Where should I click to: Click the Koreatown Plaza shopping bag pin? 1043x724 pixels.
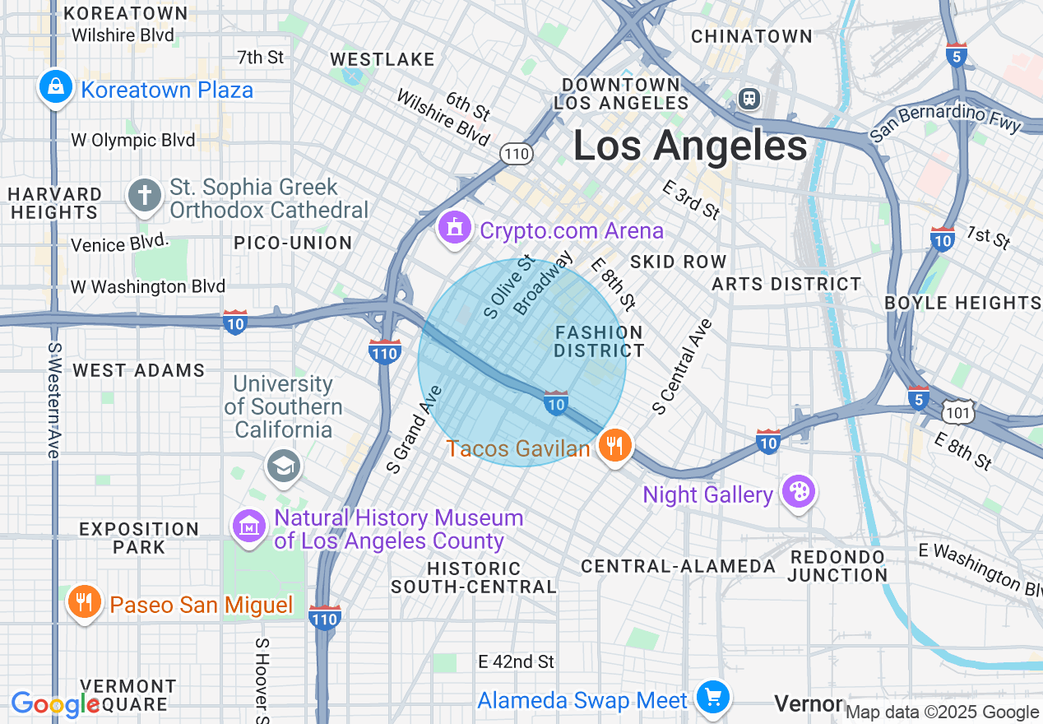[55, 86]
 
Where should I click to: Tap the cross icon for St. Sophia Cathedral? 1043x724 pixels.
[145, 196]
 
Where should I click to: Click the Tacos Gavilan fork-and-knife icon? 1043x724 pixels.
[614, 447]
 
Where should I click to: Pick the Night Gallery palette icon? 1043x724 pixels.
[798, 493]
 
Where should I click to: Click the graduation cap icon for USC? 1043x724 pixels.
[284, 466]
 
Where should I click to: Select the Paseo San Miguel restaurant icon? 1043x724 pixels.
[84, 603]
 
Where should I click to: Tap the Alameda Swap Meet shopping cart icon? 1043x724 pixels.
[712, 698]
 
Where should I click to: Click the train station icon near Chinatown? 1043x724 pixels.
[749, 99]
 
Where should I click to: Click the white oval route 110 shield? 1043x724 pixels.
[516, 153]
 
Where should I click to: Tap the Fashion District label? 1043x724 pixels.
[598, 341]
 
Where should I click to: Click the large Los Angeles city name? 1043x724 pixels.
[690, 146]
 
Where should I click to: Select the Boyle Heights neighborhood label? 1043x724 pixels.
[962, 303]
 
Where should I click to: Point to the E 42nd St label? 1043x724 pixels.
[516, 661]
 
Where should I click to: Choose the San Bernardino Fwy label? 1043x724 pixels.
[945, 123]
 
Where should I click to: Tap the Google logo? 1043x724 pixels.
[55, 704]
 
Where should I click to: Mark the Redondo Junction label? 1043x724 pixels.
[837, 566]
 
